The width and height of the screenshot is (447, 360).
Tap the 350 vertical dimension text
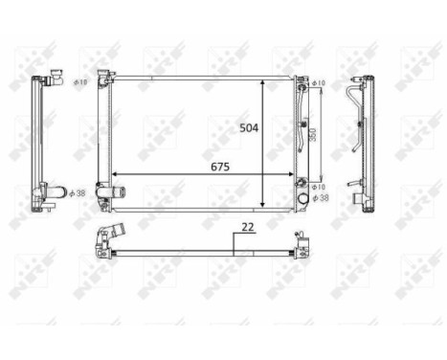[313, 135]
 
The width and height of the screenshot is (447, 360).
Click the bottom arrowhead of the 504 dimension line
[263, 204]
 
